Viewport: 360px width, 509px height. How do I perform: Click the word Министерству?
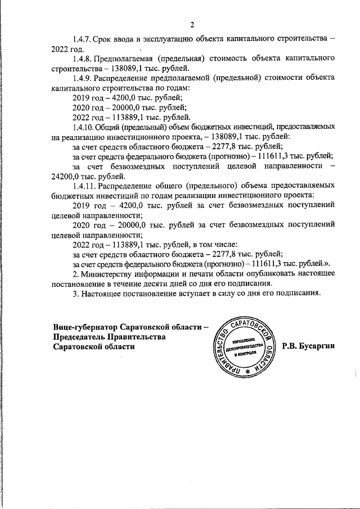(x=112, y=274)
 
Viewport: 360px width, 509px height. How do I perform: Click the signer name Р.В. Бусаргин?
(x=308, y=346)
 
